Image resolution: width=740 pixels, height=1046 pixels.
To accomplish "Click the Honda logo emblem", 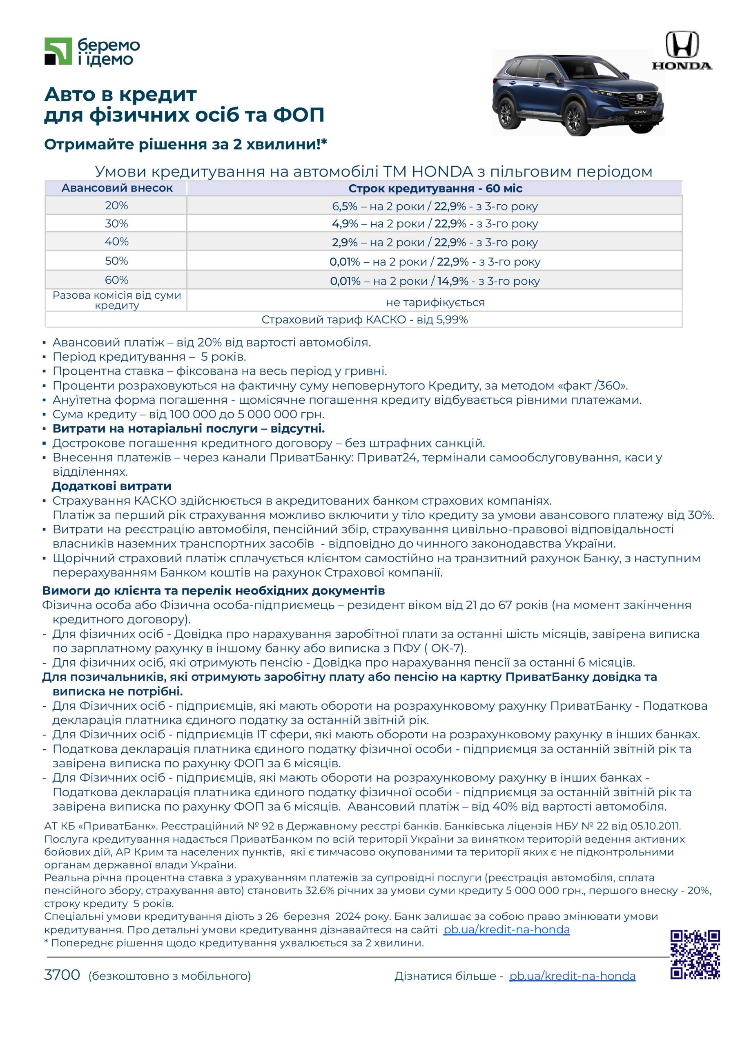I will pos(682,44).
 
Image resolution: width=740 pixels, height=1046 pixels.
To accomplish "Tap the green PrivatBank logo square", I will pos(58,51).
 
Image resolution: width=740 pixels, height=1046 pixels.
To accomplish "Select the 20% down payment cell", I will pos(116,206).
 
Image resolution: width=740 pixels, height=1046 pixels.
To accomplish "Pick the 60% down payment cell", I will pos(116,280).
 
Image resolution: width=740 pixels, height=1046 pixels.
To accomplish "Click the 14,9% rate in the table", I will pos(452,281).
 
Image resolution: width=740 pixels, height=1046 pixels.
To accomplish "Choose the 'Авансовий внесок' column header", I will pos(117,188).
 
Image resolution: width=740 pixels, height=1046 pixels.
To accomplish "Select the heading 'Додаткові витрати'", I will pos(111,486).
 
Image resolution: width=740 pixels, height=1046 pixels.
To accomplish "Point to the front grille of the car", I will pos(638,99).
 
